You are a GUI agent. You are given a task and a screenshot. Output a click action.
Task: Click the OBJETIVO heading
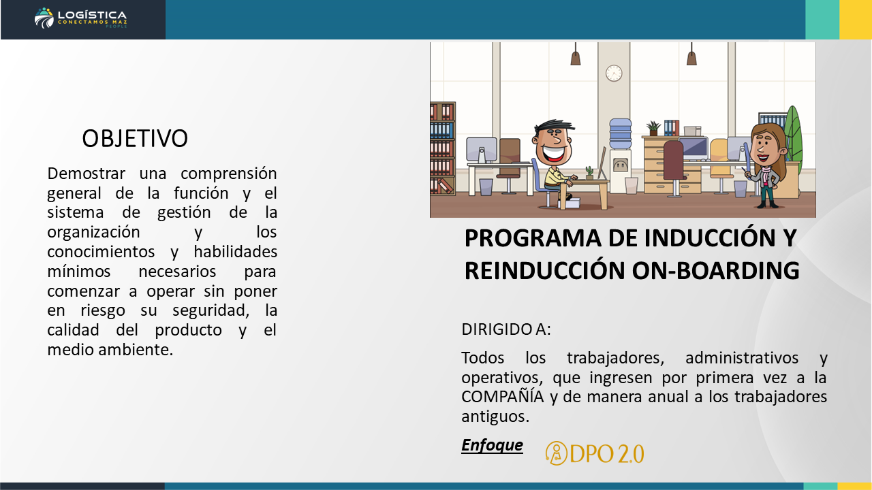tap(135, 138)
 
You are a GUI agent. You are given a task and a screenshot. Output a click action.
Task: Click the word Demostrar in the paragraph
tap(86, 174)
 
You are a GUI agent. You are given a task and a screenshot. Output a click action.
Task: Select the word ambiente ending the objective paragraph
tap(136, 350)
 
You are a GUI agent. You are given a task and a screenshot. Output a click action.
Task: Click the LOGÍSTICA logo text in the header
tap(92, 15)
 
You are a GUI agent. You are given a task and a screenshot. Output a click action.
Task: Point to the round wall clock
tap(614, 73)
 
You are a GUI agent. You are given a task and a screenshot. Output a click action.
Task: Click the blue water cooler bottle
tap(621, 133)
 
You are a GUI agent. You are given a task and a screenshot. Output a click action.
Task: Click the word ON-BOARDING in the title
tap(715, 270)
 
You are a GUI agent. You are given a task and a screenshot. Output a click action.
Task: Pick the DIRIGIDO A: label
tap(506, 329)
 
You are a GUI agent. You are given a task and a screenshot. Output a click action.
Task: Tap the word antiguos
tap(495, 416)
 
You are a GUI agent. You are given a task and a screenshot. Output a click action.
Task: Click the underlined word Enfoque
tap(492, 445)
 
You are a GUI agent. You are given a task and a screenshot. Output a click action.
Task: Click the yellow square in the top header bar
tap(856, 20)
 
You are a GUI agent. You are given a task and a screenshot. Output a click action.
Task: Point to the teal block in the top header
tap(822, 20)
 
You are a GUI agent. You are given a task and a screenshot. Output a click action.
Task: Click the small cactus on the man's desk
tap(589, 173)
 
